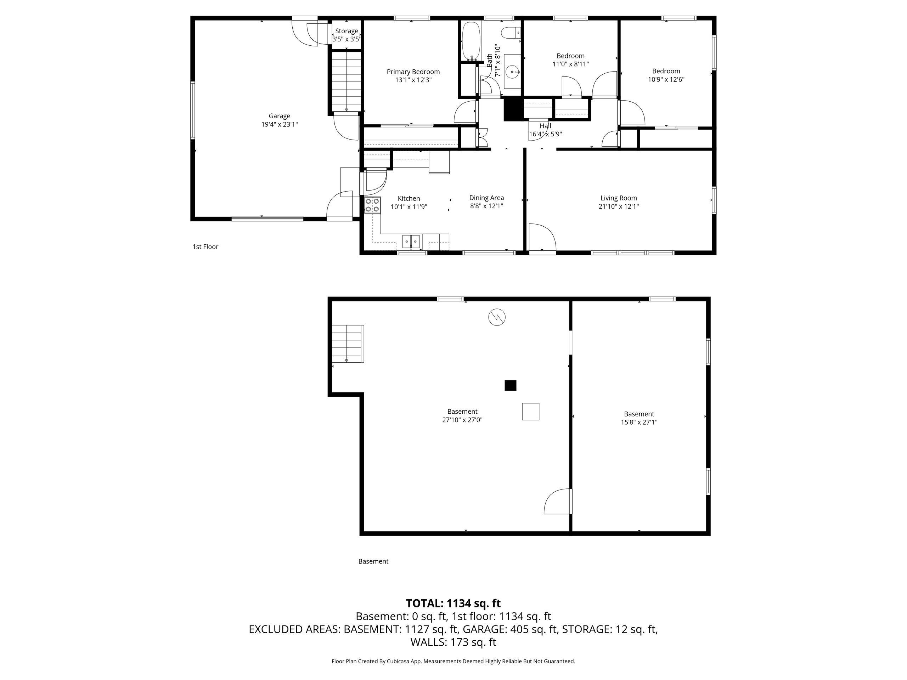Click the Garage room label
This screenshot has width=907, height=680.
click(279, 116)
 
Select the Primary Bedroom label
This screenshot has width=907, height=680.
click(413, 72)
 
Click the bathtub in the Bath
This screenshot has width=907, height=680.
click(471, 41)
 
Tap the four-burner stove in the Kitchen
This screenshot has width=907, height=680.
click(372, 205)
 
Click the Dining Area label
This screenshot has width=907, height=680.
click(487, 198)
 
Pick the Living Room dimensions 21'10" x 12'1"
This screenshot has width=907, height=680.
click(619, 206)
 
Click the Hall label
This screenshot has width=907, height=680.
click(545, 126)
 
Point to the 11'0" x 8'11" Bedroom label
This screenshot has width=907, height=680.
click(570, 60)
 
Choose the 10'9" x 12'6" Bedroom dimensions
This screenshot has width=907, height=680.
click(666, 80)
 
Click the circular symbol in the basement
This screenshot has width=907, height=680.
click(497, 317)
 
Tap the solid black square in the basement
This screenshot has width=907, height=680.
click(511, 385)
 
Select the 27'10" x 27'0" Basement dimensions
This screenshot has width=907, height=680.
click(462, 420)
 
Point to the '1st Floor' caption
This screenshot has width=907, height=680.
click(205, 247)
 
